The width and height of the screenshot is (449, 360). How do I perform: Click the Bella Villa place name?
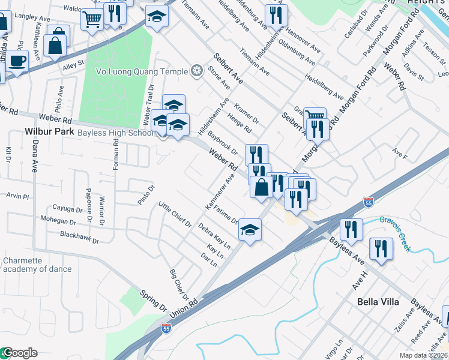click(378, 302)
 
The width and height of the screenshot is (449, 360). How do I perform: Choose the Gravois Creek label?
click(396, 231)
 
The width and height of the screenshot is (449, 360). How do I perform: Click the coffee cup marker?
click(17, 61)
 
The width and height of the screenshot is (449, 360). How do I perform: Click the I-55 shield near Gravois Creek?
click(368, 204)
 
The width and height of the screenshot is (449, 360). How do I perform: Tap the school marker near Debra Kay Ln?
click(250, 229)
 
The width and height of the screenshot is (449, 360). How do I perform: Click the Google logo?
click(20, 353)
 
